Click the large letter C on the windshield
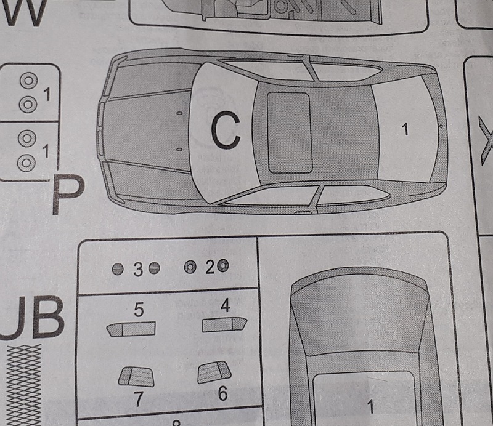pos(224,131)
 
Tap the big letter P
pos(67,195)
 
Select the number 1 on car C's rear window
pos(405,129)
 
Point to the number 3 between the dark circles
pos(137,269)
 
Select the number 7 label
pos(139,399)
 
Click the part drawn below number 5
pos(130,329)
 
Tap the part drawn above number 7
pos(136,374)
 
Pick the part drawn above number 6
pos(214,371)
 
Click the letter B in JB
pos(47,318)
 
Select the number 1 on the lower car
pos(370,407)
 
